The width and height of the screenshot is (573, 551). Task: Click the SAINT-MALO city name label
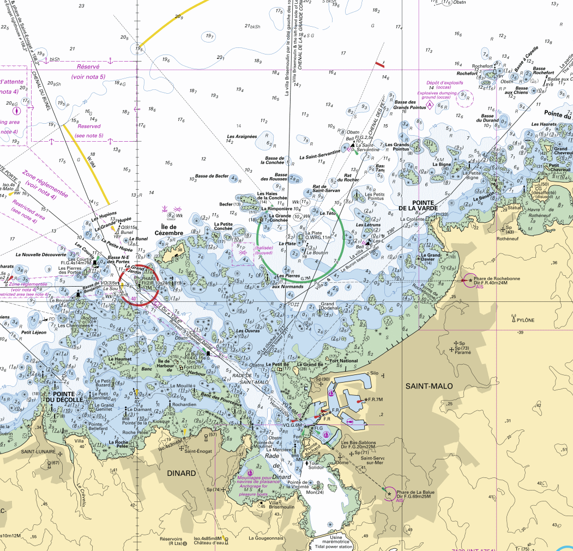(x=429, y=386)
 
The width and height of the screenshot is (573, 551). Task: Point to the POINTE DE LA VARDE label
(x=419, y=204)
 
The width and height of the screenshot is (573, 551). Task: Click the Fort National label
(x=344, y=361)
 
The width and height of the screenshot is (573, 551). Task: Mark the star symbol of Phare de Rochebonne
(x=471, y=280)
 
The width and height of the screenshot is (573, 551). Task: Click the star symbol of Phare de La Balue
(x=389, y=494)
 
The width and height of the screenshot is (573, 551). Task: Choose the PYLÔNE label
(x=526, y=320)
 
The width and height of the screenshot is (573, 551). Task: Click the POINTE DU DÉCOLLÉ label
(x=68, y=396)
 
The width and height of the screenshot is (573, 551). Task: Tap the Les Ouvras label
(x=248, y=331)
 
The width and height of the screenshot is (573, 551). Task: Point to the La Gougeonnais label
(x=266, y=538)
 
